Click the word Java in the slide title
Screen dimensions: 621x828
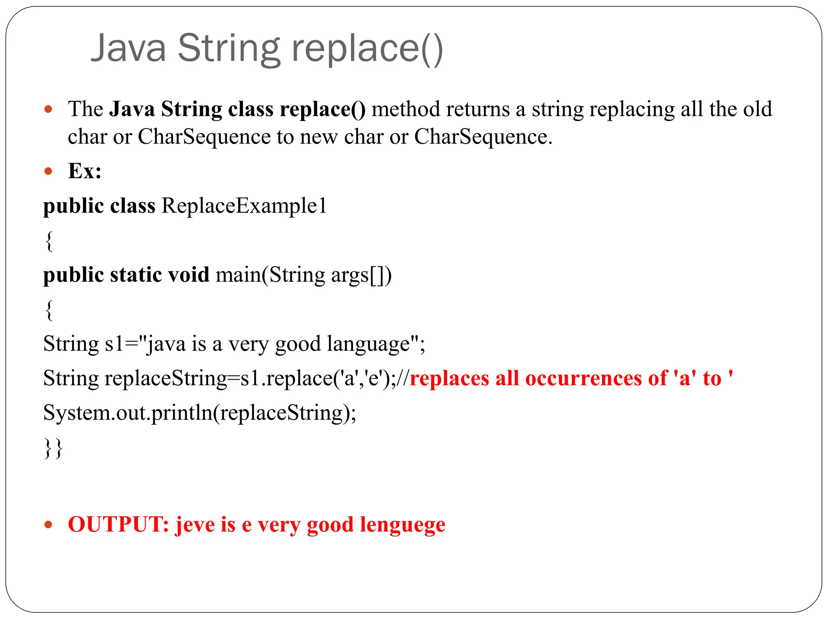(129, 49)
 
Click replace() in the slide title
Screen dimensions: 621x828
(367, 49)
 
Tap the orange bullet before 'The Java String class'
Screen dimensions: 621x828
(49, 109)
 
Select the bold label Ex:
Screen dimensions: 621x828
(84, 171)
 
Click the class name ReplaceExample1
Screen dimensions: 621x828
(244, 206)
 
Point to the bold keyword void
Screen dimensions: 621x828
(188, 275)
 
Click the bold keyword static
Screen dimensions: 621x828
(136, 275)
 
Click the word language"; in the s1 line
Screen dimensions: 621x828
(376, 344)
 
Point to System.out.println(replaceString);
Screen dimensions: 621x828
(200, 413)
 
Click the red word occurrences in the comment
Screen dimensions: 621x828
(583, 378)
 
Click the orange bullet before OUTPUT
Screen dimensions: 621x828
(49, 525)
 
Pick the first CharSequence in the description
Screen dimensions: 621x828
(204, 137)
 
